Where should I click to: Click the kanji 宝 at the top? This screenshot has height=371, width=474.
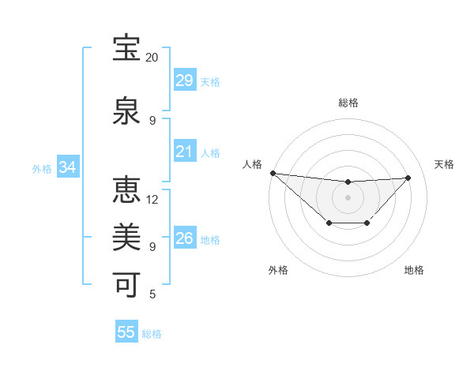point(127,49)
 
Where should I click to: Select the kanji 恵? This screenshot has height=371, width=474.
point(127,190)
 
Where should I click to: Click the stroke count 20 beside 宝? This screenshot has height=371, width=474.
point(152,58)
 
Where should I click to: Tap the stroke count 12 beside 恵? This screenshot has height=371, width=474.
point(152,199)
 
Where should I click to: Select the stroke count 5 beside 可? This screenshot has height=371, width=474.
point(152,294)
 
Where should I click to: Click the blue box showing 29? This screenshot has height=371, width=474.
point(185,81)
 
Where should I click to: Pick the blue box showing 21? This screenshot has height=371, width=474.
point(185,152)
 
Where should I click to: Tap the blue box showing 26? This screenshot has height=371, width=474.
point(185,238)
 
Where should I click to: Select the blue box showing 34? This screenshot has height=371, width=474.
point(67,167)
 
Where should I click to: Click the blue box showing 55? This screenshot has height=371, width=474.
point(126,332)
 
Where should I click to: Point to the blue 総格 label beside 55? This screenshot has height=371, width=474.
point(152,334)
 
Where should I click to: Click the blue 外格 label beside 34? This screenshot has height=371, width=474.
point(42,169)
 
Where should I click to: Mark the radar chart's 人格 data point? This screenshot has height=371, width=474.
point(273,173)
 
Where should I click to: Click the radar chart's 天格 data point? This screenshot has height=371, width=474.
point(408,178)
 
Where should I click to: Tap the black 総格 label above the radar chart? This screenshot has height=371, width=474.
point(348,103)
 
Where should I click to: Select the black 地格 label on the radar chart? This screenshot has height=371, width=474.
point(414,270)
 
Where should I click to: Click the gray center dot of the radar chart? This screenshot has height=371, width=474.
point(348,197)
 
